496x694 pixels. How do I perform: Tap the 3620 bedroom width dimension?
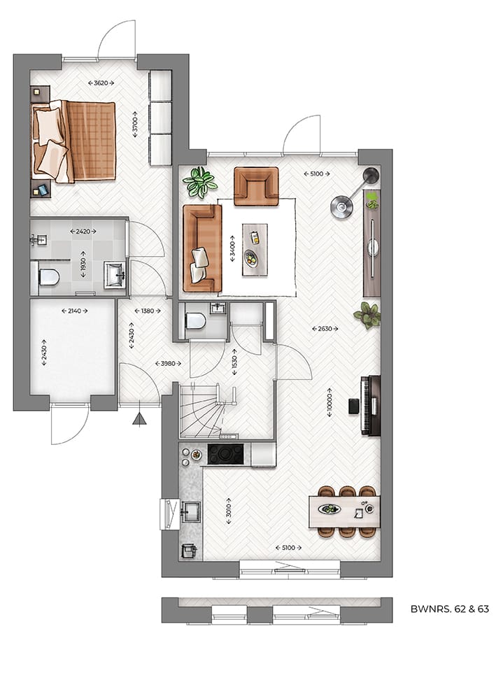click(101, 83)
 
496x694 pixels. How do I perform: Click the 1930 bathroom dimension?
click(83, 264)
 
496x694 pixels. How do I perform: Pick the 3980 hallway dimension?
click(167, 363)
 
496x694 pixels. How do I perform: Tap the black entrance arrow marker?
click(140, 419)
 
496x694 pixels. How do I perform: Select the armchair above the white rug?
click(255, 185)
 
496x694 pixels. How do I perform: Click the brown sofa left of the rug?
click(201, 248)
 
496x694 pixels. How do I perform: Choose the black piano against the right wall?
click(370, 406)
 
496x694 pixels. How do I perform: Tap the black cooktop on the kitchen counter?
click(225, 454)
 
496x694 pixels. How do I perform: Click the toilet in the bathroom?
click(48, 278)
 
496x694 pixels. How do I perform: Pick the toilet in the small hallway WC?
click(195, 321)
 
